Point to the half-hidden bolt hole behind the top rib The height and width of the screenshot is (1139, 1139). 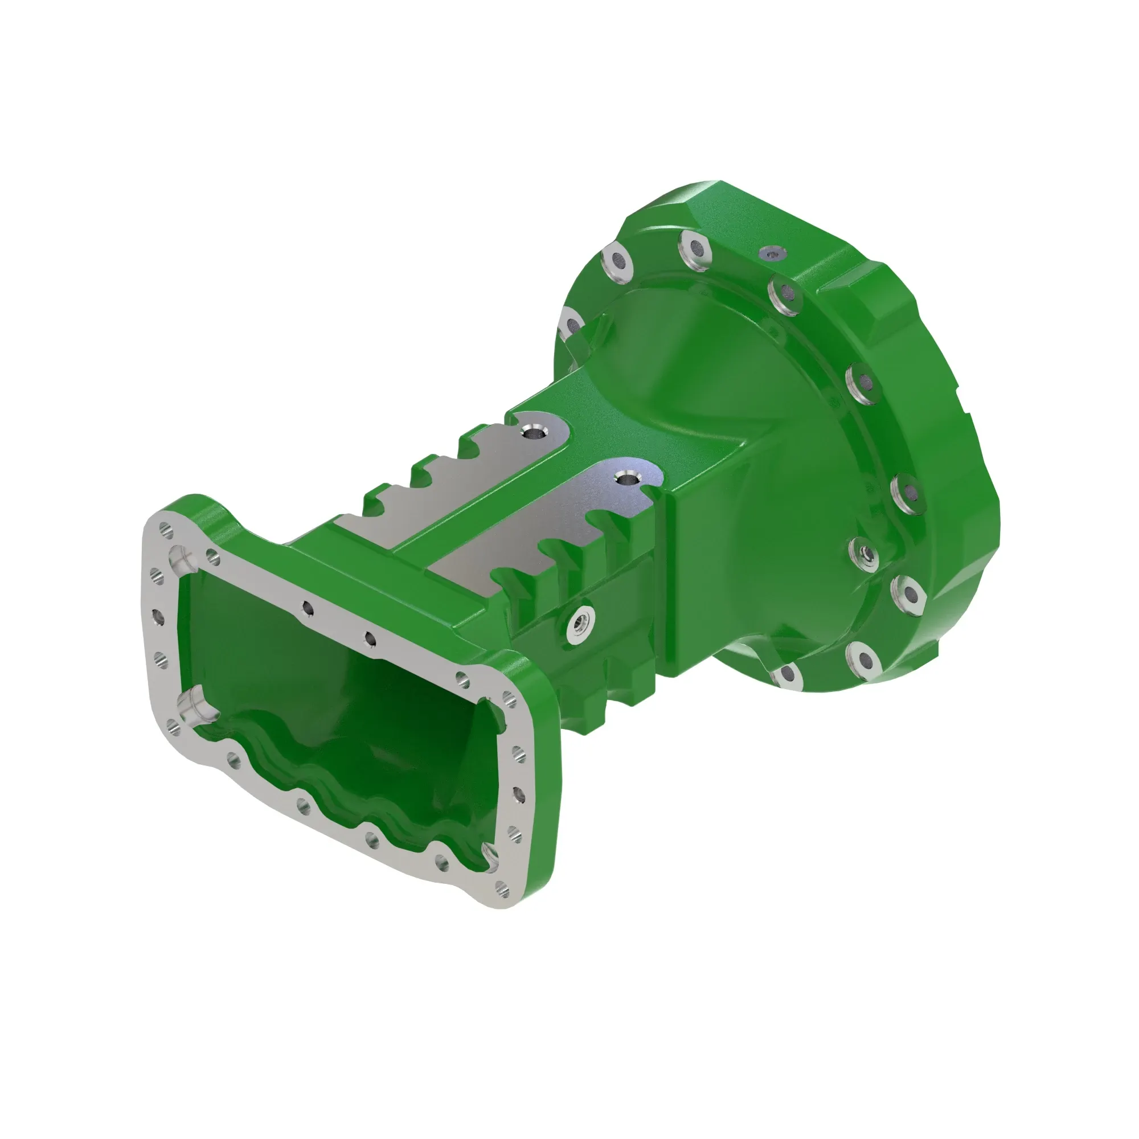[x=571, y=323]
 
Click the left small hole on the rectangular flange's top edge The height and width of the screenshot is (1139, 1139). [x=306, y=606]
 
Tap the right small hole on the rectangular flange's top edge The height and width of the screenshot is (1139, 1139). [x=370, y=637]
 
